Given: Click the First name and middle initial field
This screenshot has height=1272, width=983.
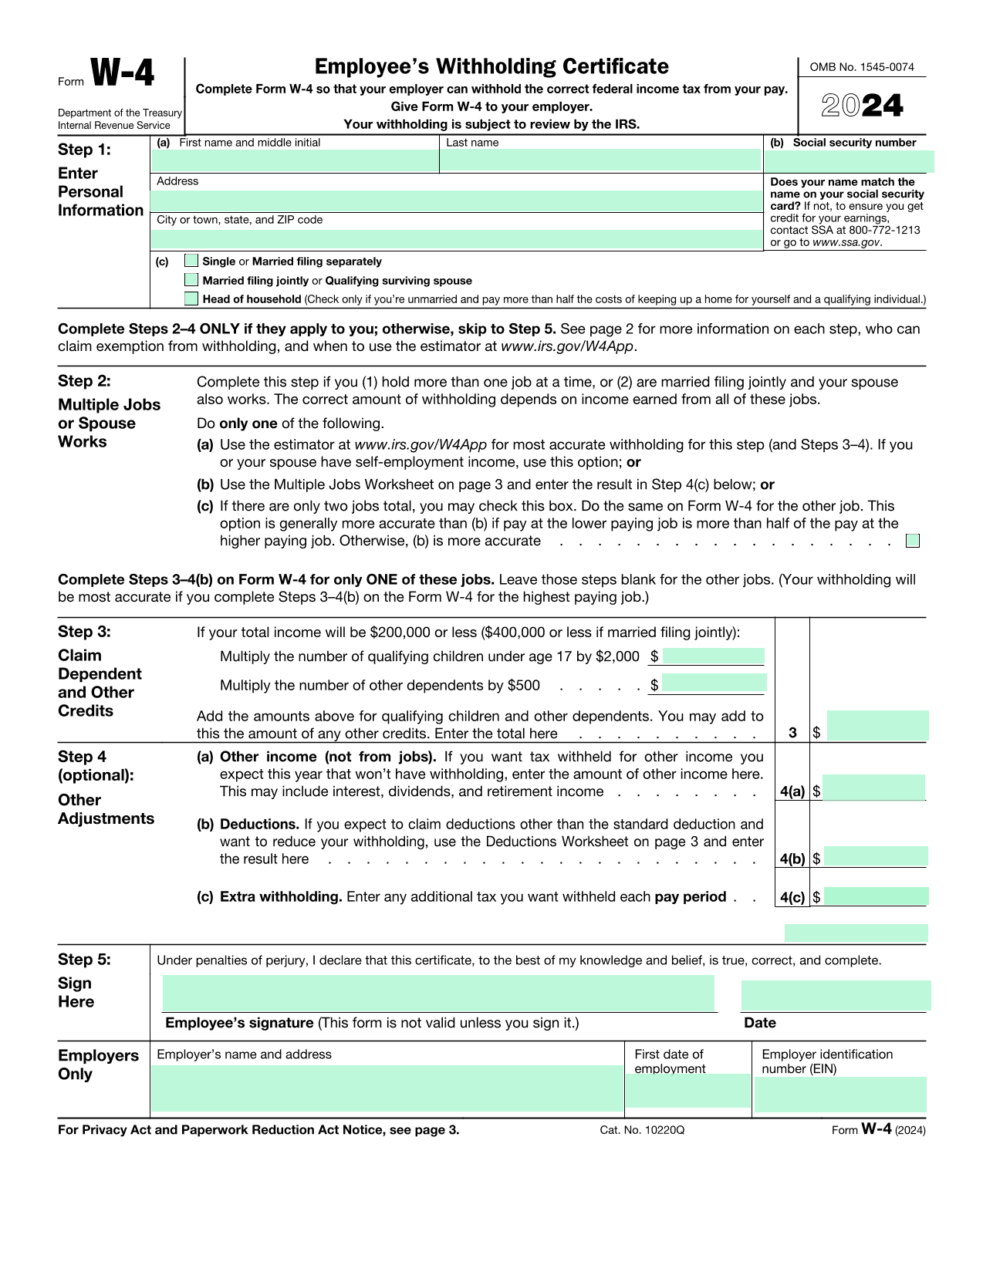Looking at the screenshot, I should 295,160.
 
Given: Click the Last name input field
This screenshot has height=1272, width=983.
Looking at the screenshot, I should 600,160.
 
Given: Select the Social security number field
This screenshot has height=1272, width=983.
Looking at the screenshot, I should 849,161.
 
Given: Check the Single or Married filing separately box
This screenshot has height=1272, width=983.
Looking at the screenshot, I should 191,261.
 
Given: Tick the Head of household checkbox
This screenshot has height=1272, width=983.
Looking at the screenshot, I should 191,299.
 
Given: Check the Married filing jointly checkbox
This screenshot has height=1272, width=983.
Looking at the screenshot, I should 191,280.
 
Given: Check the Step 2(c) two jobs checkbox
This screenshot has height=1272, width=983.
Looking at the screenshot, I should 913,541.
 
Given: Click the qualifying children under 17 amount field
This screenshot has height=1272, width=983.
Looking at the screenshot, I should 713,656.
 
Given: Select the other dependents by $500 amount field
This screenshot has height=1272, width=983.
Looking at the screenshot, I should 714,683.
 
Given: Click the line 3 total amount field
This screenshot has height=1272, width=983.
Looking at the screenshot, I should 877,727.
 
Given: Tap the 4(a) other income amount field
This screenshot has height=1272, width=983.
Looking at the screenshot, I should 873,788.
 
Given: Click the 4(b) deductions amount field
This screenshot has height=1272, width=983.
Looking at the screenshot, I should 875,856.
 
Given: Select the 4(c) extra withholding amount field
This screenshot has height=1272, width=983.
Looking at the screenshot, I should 875,896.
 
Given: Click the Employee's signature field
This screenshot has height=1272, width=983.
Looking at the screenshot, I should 438,994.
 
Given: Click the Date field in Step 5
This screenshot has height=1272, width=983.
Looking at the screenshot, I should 835,995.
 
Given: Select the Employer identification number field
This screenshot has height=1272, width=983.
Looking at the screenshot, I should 839,1095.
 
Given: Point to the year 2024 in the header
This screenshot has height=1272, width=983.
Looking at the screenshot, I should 862,106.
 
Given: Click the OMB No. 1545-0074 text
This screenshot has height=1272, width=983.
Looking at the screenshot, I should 862,67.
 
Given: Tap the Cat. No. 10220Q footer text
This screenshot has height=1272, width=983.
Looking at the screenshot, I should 642,1130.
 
